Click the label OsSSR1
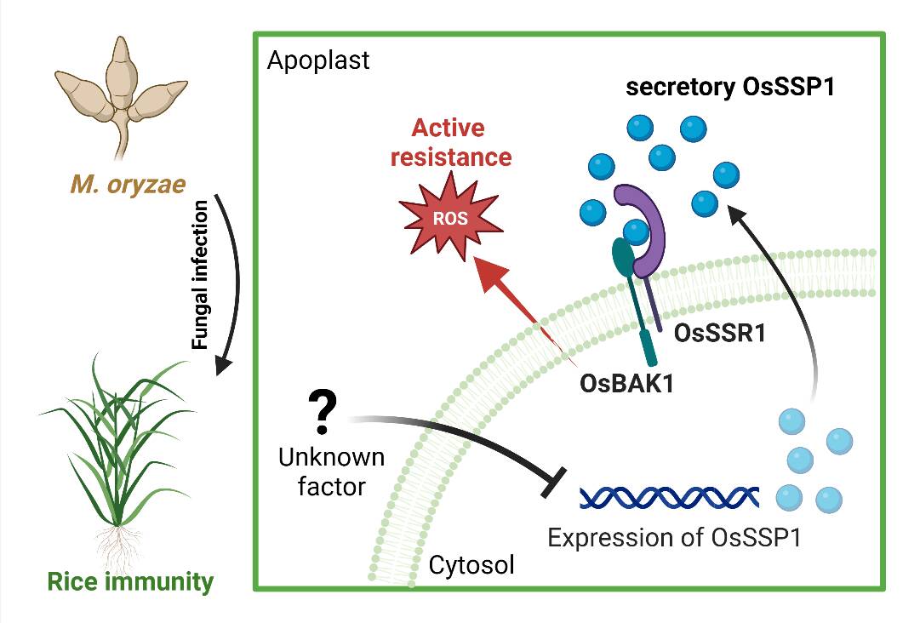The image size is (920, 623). pos(719,332)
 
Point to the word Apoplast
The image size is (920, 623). pos(318,61)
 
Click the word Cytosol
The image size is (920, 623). pos(471,564)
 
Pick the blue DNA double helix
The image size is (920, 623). pos(669,496)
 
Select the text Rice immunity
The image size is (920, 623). pos(130,582)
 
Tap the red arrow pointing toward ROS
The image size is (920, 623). pos(511,298)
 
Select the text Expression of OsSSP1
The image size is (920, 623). pos(676,539)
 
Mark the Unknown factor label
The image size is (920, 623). pos(332,472)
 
